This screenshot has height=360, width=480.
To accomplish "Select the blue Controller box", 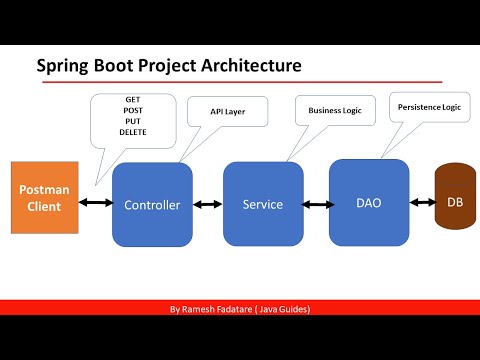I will [x=152, y=204].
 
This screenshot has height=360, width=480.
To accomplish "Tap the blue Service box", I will [x=263, y=204].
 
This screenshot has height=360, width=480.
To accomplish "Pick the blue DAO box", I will [x=369, y=201].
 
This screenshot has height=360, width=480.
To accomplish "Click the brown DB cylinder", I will [x=454, y=201].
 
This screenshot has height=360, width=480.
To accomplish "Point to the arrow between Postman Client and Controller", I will [x=97, y=204].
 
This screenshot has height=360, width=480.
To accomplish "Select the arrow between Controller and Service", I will [x=207, y=204].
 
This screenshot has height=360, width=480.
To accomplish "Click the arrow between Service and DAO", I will [x=316, y=204].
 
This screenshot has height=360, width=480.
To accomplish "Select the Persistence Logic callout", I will [x=429, y=106].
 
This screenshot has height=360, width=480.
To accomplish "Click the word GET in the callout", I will [x=132, y=102].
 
